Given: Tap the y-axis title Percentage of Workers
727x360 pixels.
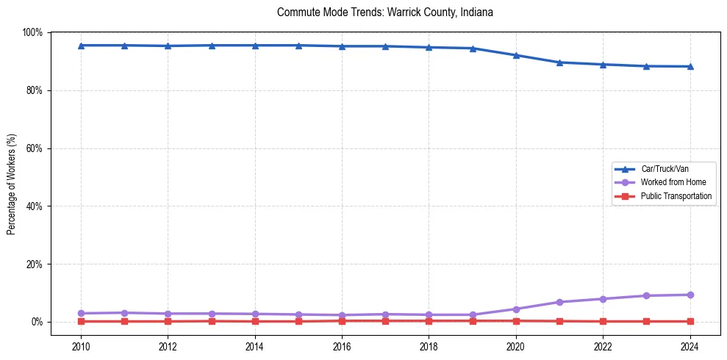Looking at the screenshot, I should point(12,184).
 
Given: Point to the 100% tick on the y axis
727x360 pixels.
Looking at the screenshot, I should point(33,32).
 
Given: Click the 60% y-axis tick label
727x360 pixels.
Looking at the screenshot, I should point(35,148).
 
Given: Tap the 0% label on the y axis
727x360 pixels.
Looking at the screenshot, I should point(37,322).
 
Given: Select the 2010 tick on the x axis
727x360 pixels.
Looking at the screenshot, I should point(81,345).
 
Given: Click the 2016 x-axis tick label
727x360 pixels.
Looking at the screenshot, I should point(342,345).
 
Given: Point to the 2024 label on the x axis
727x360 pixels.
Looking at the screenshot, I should point(690,345).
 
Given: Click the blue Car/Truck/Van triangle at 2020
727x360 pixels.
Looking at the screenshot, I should point(516,55).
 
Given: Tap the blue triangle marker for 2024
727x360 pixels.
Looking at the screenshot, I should point(690,66).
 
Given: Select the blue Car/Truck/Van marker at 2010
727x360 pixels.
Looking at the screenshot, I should point(81,46).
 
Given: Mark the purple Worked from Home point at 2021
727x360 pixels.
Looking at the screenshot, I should point(559,302).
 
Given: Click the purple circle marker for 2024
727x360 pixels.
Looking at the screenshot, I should point(690,295).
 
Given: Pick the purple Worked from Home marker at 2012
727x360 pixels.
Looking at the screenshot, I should point(168,314).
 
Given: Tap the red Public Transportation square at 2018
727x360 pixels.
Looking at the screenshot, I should point(429,320).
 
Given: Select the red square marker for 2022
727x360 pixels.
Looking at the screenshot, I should point(603,321).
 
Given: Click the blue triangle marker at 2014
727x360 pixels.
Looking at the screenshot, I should point(255,46).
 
